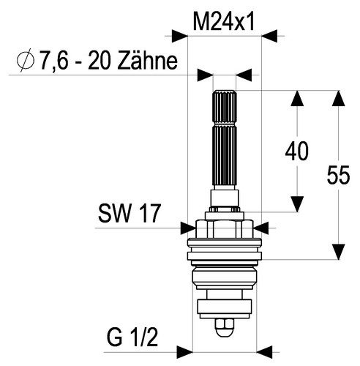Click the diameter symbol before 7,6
tap(26, 60)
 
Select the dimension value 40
tap(297, 152)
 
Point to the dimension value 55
tap(338, 175)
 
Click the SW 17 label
tap(130, 213)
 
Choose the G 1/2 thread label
tap(132, 337)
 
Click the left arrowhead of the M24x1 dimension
tap(180, 36)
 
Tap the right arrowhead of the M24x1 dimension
tap(269, 36)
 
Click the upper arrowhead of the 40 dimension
tap(297, 98)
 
